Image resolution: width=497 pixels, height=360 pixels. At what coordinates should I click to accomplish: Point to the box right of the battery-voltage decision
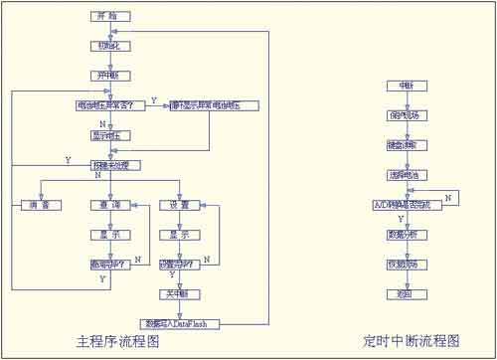214,104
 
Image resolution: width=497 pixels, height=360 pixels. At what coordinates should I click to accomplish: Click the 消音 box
40,205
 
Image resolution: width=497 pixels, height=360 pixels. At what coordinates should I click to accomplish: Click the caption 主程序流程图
120,342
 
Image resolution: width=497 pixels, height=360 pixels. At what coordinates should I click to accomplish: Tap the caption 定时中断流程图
413,341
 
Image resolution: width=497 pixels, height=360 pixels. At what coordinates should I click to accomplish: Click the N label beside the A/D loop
448,199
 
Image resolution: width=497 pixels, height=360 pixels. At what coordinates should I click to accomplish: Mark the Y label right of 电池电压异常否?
153,98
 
